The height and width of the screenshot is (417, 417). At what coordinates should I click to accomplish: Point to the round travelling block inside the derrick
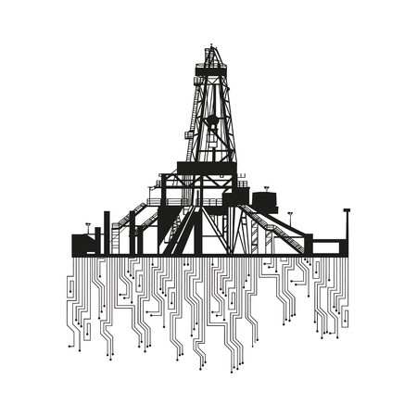pyautogui.click(x=212, y=120)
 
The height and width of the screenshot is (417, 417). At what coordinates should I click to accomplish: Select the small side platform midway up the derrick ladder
pyautogui.click(x=189, y=135)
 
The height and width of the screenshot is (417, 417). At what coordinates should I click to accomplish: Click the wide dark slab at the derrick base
pyautogui.click(x=207, y=168)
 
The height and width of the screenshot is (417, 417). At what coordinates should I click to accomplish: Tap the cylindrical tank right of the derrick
pyautogui.click(x=263, y=201)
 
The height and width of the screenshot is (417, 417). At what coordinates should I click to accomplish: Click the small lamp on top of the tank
pyautogui.click(x=267, y=188)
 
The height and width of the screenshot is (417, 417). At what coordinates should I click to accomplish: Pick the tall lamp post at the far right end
pyautogui.click(x=347, y=222)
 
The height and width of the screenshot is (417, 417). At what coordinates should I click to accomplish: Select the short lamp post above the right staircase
pyautogui.click(x=290, y=217)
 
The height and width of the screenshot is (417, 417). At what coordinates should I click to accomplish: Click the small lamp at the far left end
pyautogui.click(x=88, y=225)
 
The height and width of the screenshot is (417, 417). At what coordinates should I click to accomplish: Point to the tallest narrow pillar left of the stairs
pyautogui.click(x=107, y=232)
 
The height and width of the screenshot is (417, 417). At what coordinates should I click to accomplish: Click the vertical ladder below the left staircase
pyautogui.click(x=117, y=238)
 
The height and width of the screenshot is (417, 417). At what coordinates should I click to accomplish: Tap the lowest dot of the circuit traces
pyautogui.click(x=232, y=371)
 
